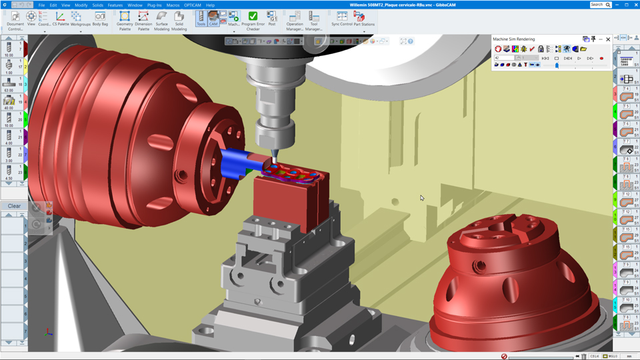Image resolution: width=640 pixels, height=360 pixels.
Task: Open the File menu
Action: [x=41, y=5]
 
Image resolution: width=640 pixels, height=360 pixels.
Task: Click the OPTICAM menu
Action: [x=193, y=5]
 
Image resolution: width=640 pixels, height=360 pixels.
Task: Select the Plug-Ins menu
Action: [x=155, y=5]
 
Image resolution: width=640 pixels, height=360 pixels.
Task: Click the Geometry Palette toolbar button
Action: [x=125, y=20]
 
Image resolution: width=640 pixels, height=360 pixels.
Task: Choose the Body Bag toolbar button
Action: [x=100, y=19]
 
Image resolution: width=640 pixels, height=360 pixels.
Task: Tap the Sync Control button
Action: [x=342, y=18]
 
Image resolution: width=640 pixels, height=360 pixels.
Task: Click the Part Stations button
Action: [x=364, y=18]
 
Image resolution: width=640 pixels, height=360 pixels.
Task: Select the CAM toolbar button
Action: [x=213, y=18]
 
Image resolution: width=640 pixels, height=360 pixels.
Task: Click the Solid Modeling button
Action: [x=179, y=20]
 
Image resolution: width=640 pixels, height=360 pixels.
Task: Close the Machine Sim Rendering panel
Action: [x=608, y=39]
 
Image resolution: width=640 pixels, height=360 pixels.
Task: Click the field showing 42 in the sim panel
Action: [x=503, y=58]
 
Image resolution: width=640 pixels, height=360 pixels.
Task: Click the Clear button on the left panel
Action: [x=14, y=206]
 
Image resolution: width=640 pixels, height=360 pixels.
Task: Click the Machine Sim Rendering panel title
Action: [x=514, y=39]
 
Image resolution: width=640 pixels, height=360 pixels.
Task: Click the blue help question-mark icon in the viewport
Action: [x=410, y=41]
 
